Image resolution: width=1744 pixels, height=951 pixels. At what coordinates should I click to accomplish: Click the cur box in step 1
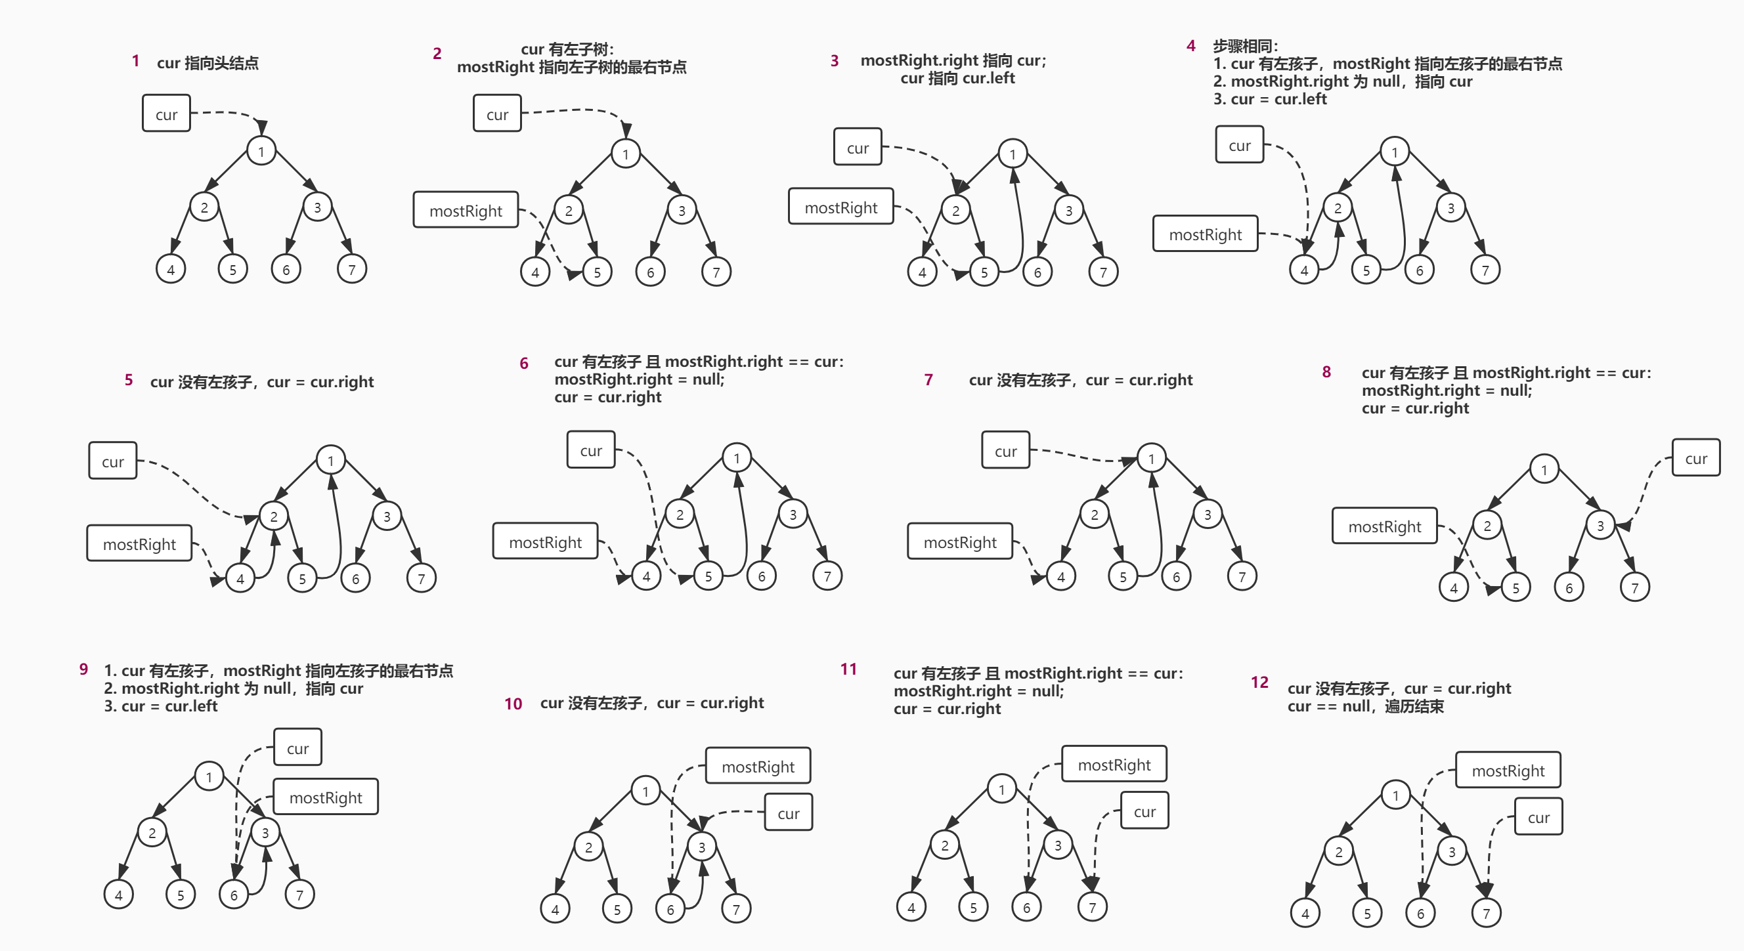coord(166,113)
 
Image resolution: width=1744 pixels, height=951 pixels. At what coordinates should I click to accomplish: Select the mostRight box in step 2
coord(466,210)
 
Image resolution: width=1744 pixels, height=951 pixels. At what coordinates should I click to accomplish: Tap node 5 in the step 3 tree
coord(984,272)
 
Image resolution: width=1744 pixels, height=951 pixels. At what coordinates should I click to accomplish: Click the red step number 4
coord(1191,46)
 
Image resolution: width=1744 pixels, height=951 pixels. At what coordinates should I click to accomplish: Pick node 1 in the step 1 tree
coord(261,151)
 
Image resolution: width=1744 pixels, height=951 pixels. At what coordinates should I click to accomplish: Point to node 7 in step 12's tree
coord(1486,913)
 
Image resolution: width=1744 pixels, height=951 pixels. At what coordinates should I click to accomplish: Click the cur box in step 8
coord(1696,458)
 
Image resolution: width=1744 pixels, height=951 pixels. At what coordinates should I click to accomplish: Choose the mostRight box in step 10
coord(758,766)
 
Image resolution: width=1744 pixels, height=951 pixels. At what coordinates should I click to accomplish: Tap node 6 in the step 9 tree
coord(234,895)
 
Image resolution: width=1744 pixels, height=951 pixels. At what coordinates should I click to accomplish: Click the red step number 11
coord(848,669)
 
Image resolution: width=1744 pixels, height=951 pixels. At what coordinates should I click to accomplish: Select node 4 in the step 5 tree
coord(240,579)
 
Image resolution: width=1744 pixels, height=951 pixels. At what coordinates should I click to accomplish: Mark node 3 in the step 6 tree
coord(793,515)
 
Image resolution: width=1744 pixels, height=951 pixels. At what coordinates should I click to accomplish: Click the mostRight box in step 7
coord(960,541)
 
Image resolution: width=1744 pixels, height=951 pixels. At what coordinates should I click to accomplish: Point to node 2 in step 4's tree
coord(1337,208)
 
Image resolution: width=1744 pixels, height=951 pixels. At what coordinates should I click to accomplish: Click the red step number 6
coord(523,364)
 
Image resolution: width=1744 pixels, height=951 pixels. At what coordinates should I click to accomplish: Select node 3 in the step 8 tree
coord(1600,525)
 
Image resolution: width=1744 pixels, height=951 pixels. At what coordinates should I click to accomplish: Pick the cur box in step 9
coord(297,748)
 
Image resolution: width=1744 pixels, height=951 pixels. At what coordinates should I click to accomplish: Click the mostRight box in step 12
coord(1508,771)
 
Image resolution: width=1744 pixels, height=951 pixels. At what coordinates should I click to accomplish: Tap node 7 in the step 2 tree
coord(716,272)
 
